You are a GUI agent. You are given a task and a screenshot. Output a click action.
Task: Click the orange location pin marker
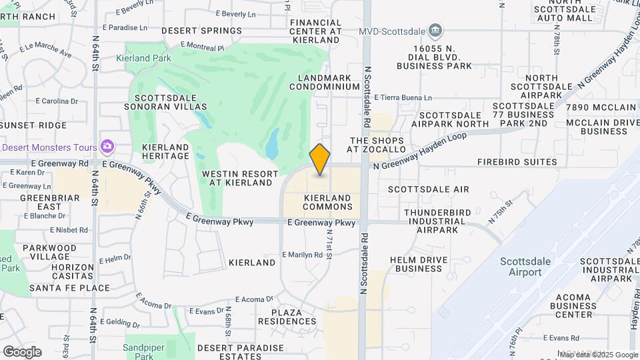[320, 159]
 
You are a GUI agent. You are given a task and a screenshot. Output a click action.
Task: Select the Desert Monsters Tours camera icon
[107, 146]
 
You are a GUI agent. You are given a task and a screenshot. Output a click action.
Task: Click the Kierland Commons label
[327, 202]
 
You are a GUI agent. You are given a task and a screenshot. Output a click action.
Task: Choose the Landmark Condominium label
[325, 82]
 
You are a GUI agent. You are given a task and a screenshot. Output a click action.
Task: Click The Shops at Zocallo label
[377, 145]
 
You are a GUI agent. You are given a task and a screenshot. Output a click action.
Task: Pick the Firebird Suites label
[517, 162]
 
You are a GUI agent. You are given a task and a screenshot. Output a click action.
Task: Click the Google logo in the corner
[22, 351]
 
